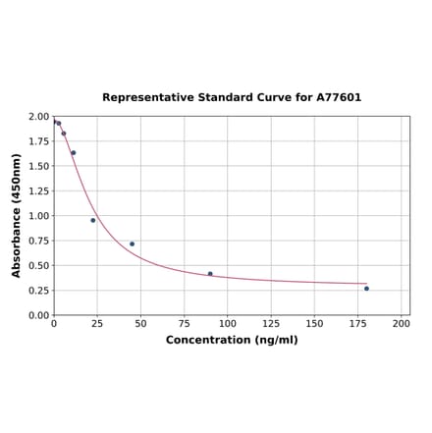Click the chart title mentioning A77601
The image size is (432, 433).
[232, 98]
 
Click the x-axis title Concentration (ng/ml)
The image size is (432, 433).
[232, 340]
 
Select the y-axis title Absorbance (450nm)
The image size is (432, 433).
[17, 215]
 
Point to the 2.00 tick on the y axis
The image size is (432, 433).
[37, 117]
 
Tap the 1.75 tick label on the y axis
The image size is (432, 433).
[37, 141]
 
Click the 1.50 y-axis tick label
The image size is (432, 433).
[37, 166]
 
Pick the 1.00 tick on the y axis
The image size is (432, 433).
[37, 216]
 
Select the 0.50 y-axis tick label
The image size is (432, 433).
[37, 265]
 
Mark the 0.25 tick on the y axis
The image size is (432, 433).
[37, 291]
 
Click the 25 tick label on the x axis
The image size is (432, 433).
[97, 323]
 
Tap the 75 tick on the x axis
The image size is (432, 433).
[184, 323]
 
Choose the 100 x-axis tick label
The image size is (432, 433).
[228, 323]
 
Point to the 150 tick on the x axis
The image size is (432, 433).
[314, 323]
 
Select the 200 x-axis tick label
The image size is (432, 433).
[401, 323]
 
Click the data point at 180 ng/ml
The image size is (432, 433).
[366, 289]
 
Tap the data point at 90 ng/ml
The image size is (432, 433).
[210, 274]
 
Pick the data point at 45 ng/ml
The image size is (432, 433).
[132, 244]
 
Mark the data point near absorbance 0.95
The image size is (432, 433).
[93, 220]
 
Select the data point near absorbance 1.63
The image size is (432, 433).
[73, 153]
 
